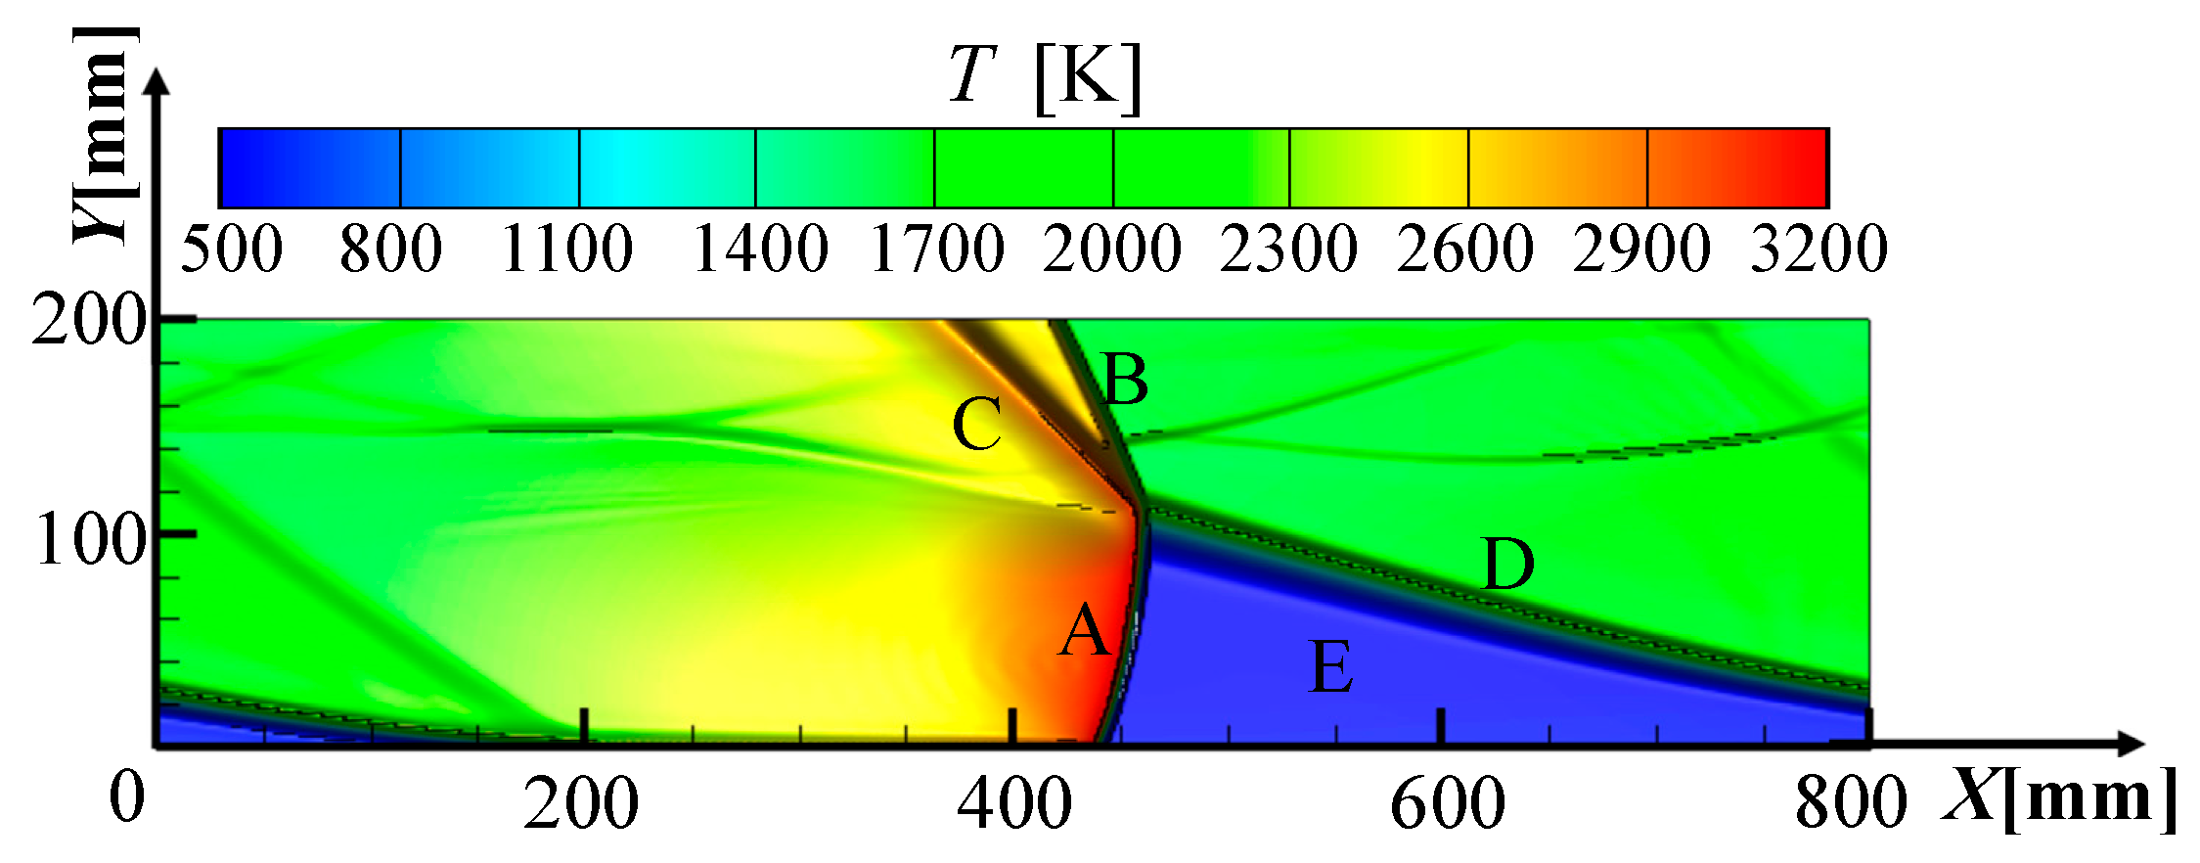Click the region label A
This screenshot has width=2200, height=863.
pyautogui.click(x=1085, y=631)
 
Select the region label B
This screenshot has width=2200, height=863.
pyautogui.click(x=1125, y=380)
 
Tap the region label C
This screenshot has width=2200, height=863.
pyautogui.click(x=977, y=425)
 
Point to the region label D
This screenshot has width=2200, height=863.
pyautogui.click(x=1508, y=565)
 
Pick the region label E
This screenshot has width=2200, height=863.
pyautogui.click(x=1331, y=667)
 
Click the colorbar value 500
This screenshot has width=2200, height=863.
pyautogui.click(x=232, y=249)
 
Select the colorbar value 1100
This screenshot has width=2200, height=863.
pyautogui.click(x=567, y=249)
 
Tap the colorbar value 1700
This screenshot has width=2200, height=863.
pyautogui.click(x=937, y=249)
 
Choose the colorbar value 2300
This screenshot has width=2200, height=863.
pyautogui.click(x=1288, y=249)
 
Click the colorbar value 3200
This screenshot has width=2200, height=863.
pyautogui.click(x=1818, y=249)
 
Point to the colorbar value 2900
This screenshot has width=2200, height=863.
pyautogui.click(x=1642, y=249)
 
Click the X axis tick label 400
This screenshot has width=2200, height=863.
pyautogui.click(x=1014, y=804)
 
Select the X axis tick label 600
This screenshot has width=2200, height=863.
pyautogui.click(x=1447, y=804)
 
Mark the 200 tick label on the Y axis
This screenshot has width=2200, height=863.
pyautogui.click(x=89, y=321)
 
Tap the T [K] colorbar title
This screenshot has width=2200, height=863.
pyautogui.click(x=1045, y=76)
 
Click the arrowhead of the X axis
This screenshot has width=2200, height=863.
pyautogui.click(x=2133, y=744)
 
